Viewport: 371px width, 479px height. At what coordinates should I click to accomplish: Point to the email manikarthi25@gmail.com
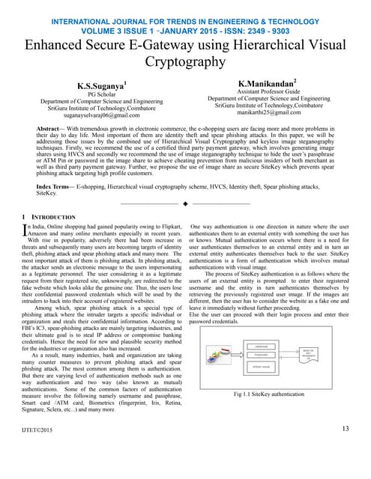click(x=268, y=112)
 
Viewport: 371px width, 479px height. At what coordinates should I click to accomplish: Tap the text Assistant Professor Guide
click(x=268, y=90)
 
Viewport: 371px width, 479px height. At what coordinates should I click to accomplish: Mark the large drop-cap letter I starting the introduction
click(x=28, y=230)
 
